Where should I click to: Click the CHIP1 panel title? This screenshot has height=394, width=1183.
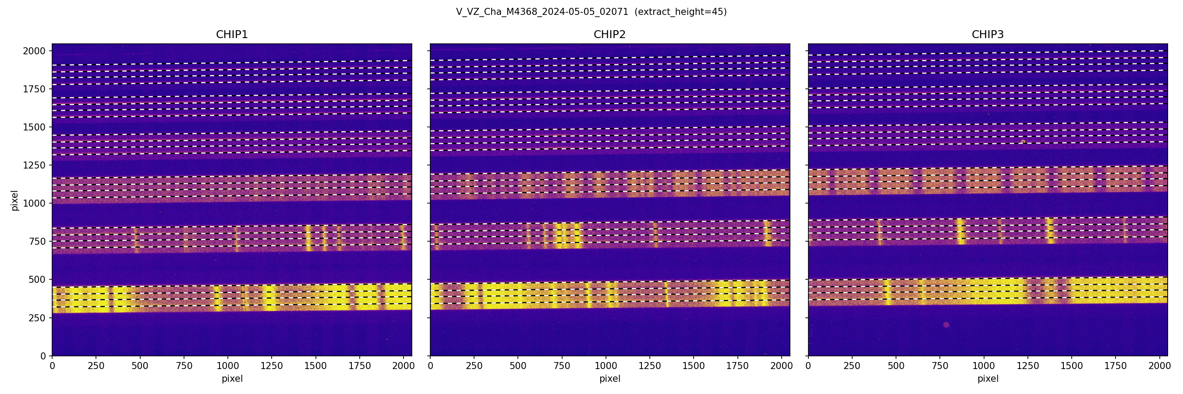(232, 35)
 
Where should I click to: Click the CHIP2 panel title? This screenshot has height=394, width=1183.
(609, 35)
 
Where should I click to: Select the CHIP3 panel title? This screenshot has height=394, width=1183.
(987, 35)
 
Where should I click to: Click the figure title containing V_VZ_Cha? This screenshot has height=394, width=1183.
(542, 12)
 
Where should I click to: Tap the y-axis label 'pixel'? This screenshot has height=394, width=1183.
(15, 201)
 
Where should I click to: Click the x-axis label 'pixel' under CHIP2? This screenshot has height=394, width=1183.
(609, 379)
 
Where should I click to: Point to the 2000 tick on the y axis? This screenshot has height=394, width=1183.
(35, 51)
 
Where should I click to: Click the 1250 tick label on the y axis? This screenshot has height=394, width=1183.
(35, 165)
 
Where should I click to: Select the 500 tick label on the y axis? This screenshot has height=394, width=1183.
(37, 280)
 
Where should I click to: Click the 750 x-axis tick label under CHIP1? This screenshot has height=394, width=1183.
(184, 366)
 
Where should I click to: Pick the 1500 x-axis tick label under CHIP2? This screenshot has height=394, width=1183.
(694, 366)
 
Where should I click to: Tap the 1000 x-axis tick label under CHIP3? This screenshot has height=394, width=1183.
(984, 366)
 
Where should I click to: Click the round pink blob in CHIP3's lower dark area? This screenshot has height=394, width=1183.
(946, 325)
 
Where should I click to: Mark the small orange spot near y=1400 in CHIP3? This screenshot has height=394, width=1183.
(1023, 142)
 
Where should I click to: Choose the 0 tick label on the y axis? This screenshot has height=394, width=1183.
(43, 356)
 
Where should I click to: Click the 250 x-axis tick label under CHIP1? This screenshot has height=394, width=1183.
(96, 366)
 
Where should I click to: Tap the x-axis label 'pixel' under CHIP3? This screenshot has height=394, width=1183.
(987, 379)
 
